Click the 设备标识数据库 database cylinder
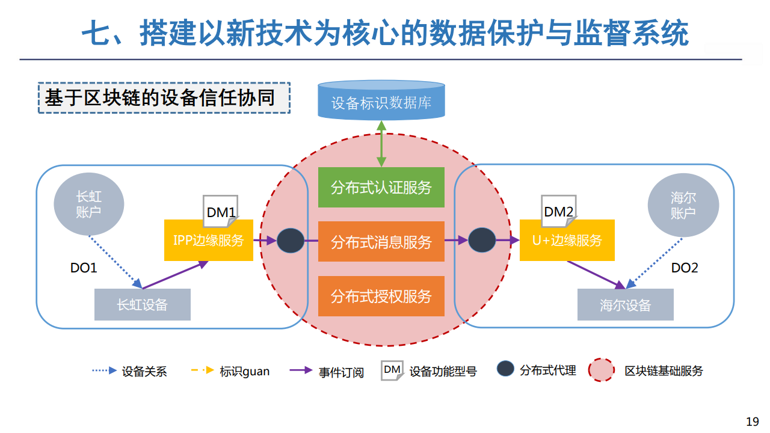[381, 100]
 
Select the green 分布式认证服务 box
[381, 187]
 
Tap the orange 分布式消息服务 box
[381, 242]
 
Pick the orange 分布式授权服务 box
[381, 296]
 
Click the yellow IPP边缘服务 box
[209, 240]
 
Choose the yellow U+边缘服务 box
[567, 240]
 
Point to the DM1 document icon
[221, 211]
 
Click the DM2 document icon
[559, 211]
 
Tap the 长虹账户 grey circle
[88, 204]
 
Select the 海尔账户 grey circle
[683, 205]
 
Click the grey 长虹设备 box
[143, 304]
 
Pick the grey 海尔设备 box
[625, 304]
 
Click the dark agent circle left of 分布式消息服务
[291, 241]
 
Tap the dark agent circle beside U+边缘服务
[482, 240]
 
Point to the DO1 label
[84, 268]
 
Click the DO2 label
[685, 268]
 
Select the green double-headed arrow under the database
[381, 144]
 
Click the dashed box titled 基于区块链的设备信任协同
[164, 98]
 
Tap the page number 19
[753, 422]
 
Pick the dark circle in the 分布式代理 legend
[505, 369]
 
